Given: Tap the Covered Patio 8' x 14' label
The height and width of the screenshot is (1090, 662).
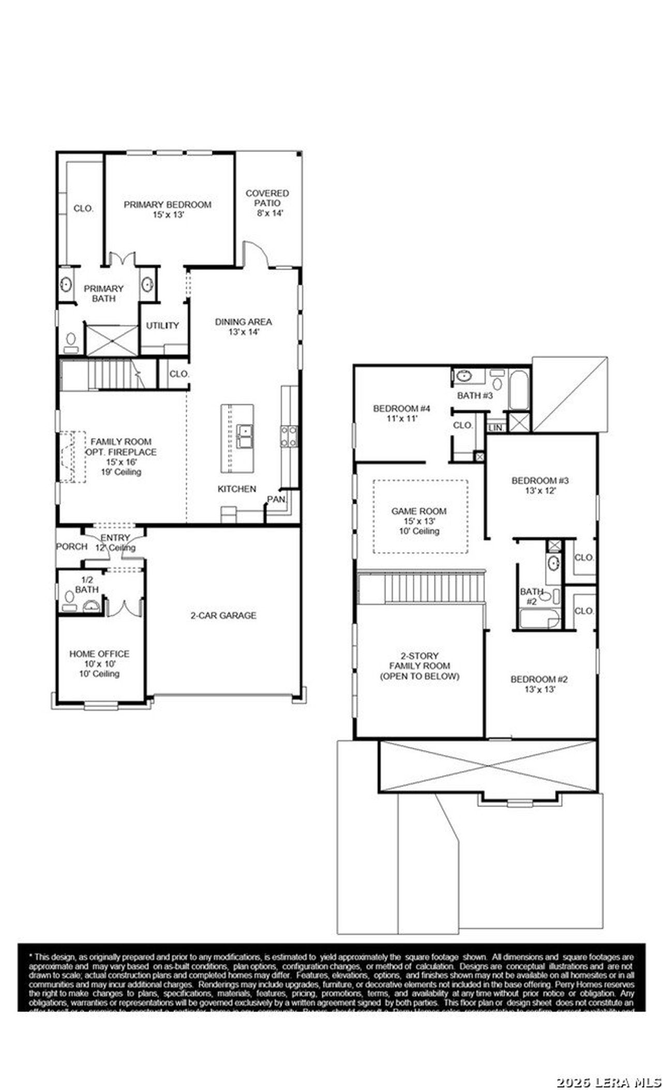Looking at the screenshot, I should (267, 203).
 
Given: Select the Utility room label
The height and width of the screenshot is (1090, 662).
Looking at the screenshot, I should (162, 325).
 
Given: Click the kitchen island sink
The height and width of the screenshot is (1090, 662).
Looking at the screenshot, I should (244, 436).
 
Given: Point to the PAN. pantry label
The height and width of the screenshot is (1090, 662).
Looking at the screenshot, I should (276, 499).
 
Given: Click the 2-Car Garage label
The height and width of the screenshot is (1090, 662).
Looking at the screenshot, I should (223, 615).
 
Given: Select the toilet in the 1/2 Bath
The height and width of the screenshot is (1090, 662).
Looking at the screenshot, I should (69, 598).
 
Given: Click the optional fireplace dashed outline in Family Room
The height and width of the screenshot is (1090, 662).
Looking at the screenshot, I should (72, 457).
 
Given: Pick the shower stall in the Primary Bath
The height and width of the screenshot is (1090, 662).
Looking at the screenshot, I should (112, 340).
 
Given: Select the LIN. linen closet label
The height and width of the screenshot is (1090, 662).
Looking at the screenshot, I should (495, 428).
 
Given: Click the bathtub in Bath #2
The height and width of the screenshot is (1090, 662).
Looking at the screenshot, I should (538, 619).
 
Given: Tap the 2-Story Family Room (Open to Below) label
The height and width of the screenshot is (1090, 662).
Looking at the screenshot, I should (419, 666).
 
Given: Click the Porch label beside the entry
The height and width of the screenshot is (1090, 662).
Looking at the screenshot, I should (71, 546).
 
